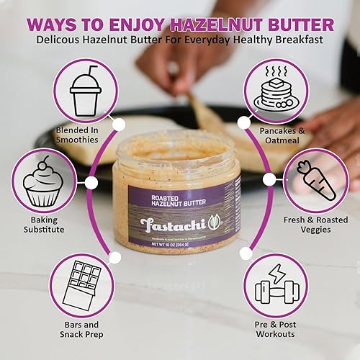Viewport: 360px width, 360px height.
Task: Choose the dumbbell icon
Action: pos(276,285)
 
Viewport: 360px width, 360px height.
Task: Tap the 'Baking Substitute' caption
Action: pos(44,222)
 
